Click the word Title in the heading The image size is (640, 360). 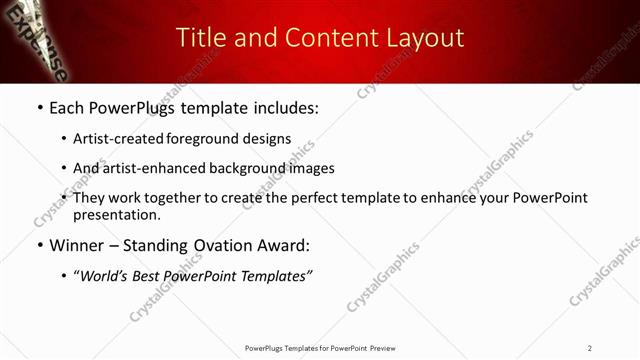tap(199, 38)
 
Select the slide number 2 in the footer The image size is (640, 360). tap(590, 347)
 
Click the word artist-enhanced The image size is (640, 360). tap(155, 168)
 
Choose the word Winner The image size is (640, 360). tap(79, 244)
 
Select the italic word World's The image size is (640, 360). tap(107, 275)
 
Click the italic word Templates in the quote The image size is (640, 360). tap(270, 275)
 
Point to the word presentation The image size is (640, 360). tap(116, 214)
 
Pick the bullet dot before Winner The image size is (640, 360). tap(39, 245)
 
